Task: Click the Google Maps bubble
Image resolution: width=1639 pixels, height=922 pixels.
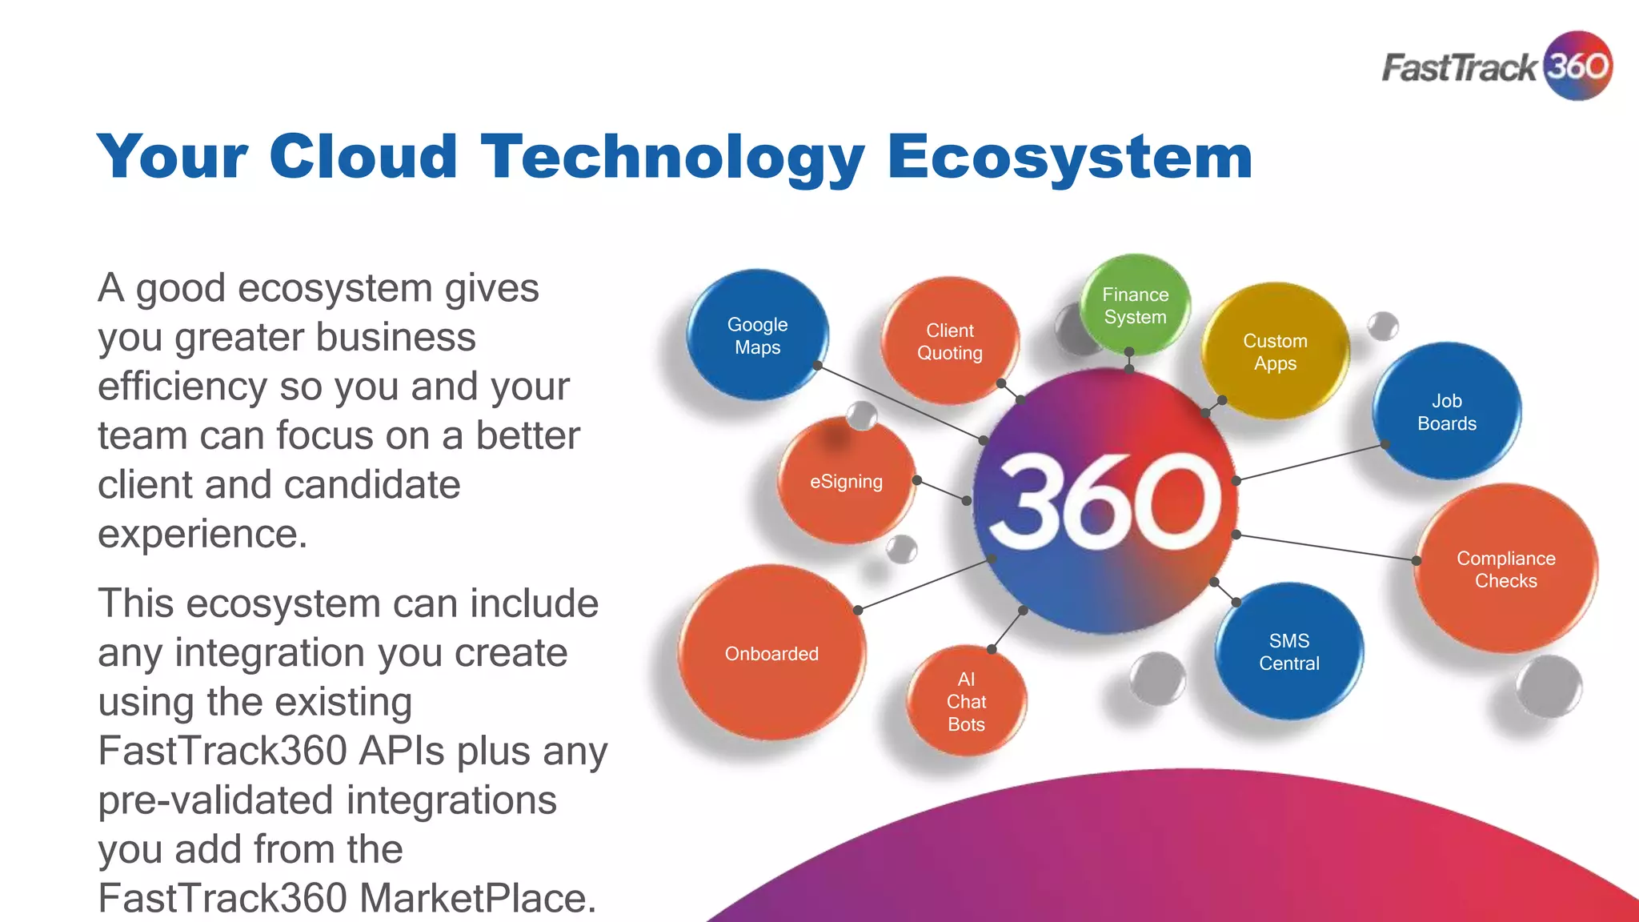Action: [757, 335]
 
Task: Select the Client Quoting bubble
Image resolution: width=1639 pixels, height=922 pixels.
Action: [950, 342]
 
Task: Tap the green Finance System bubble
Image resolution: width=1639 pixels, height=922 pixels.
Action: [1135, 306]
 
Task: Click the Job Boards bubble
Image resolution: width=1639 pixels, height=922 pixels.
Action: [1447, 412]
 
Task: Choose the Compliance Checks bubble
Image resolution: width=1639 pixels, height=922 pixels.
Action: [1505, 569]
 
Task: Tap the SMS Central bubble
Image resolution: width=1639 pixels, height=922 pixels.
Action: [1288, 651]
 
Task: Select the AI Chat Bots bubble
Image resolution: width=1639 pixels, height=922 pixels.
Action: [966, 702]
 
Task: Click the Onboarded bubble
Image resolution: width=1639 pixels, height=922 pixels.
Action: [771, 653]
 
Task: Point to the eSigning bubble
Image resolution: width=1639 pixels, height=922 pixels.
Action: [846, 481]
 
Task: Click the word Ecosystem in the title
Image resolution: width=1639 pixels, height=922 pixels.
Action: [1069, 158]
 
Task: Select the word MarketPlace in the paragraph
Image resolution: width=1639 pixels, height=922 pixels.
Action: [477, 898]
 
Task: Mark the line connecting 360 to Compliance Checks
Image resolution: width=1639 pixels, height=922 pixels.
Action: [1326, 547]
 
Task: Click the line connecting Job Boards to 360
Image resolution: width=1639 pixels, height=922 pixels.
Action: [1311, 463]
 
